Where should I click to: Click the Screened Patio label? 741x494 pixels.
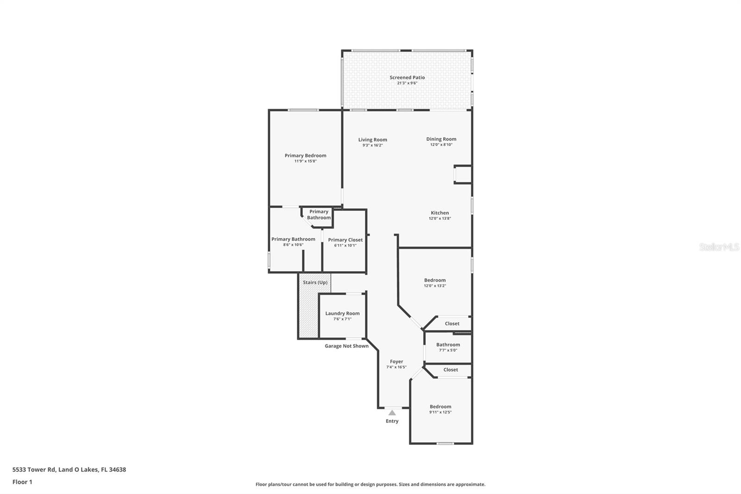point(407,77)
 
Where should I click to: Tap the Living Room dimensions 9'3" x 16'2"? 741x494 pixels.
point(372,145)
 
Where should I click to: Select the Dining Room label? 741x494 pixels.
point(441,139)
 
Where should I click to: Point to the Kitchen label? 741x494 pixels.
point(440,213)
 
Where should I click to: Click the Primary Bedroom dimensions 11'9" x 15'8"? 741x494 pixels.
point(305,161)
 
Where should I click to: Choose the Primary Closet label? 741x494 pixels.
point(345,240)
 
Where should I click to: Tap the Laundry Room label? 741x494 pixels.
point(342,313)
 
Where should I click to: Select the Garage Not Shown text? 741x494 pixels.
point(346,346)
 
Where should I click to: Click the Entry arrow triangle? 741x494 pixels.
point(392,412)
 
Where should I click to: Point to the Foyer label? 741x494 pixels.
point(396,361)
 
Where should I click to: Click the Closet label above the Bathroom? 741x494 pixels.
point(452,323)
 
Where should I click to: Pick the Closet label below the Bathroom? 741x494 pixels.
point(450,370)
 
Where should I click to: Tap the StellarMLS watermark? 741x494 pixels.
point(719,247)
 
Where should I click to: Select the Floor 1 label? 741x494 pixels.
point(22,482)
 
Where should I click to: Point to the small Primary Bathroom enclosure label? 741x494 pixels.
point(319,215)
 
